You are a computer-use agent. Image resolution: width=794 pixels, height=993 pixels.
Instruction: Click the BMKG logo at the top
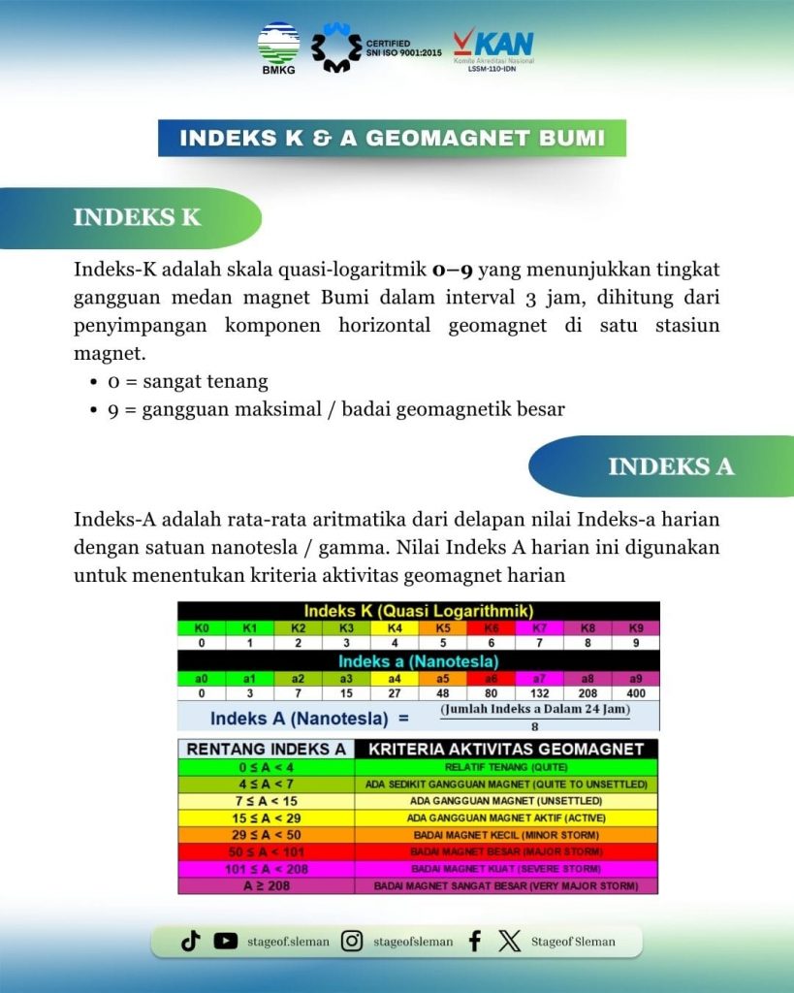tap(278, 48)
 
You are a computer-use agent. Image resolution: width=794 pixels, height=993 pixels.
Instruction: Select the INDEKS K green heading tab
tap(138, 217)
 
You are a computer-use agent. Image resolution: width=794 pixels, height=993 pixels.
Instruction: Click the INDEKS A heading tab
tap(670, 466)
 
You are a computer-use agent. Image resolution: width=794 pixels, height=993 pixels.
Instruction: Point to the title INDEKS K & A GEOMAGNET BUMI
tap(392, 138)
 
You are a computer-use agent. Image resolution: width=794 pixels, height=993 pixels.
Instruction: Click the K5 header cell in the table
tap(443, 628)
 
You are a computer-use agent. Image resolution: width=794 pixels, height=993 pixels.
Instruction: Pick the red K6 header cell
tap(492, 628)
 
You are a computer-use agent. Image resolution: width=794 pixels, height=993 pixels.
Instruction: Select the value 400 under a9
tap(636, 693)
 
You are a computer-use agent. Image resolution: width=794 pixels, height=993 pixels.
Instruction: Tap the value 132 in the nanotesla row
tap(540, 693)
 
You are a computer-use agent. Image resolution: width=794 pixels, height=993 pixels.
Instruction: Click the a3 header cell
tap(346, 679)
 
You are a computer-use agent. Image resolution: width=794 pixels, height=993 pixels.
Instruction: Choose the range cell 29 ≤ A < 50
tap(266, 834)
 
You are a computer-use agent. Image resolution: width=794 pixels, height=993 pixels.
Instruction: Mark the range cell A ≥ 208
tap(266, 886)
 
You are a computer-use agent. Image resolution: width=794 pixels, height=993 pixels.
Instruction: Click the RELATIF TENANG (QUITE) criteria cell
tap(506, 766)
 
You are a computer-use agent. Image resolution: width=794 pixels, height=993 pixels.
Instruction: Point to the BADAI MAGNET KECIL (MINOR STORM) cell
tap(506, 834)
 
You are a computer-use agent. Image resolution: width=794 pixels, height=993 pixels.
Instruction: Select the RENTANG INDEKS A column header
tap(266, 749)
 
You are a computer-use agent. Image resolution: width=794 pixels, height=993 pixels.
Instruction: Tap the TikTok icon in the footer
tap(191, 941)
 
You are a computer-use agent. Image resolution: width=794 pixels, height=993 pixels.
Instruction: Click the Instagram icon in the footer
tap(352, 941)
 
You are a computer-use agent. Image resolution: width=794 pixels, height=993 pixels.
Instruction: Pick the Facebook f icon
tap(475, 941)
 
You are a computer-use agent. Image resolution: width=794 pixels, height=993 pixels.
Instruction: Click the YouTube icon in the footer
tap(226, 941)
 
